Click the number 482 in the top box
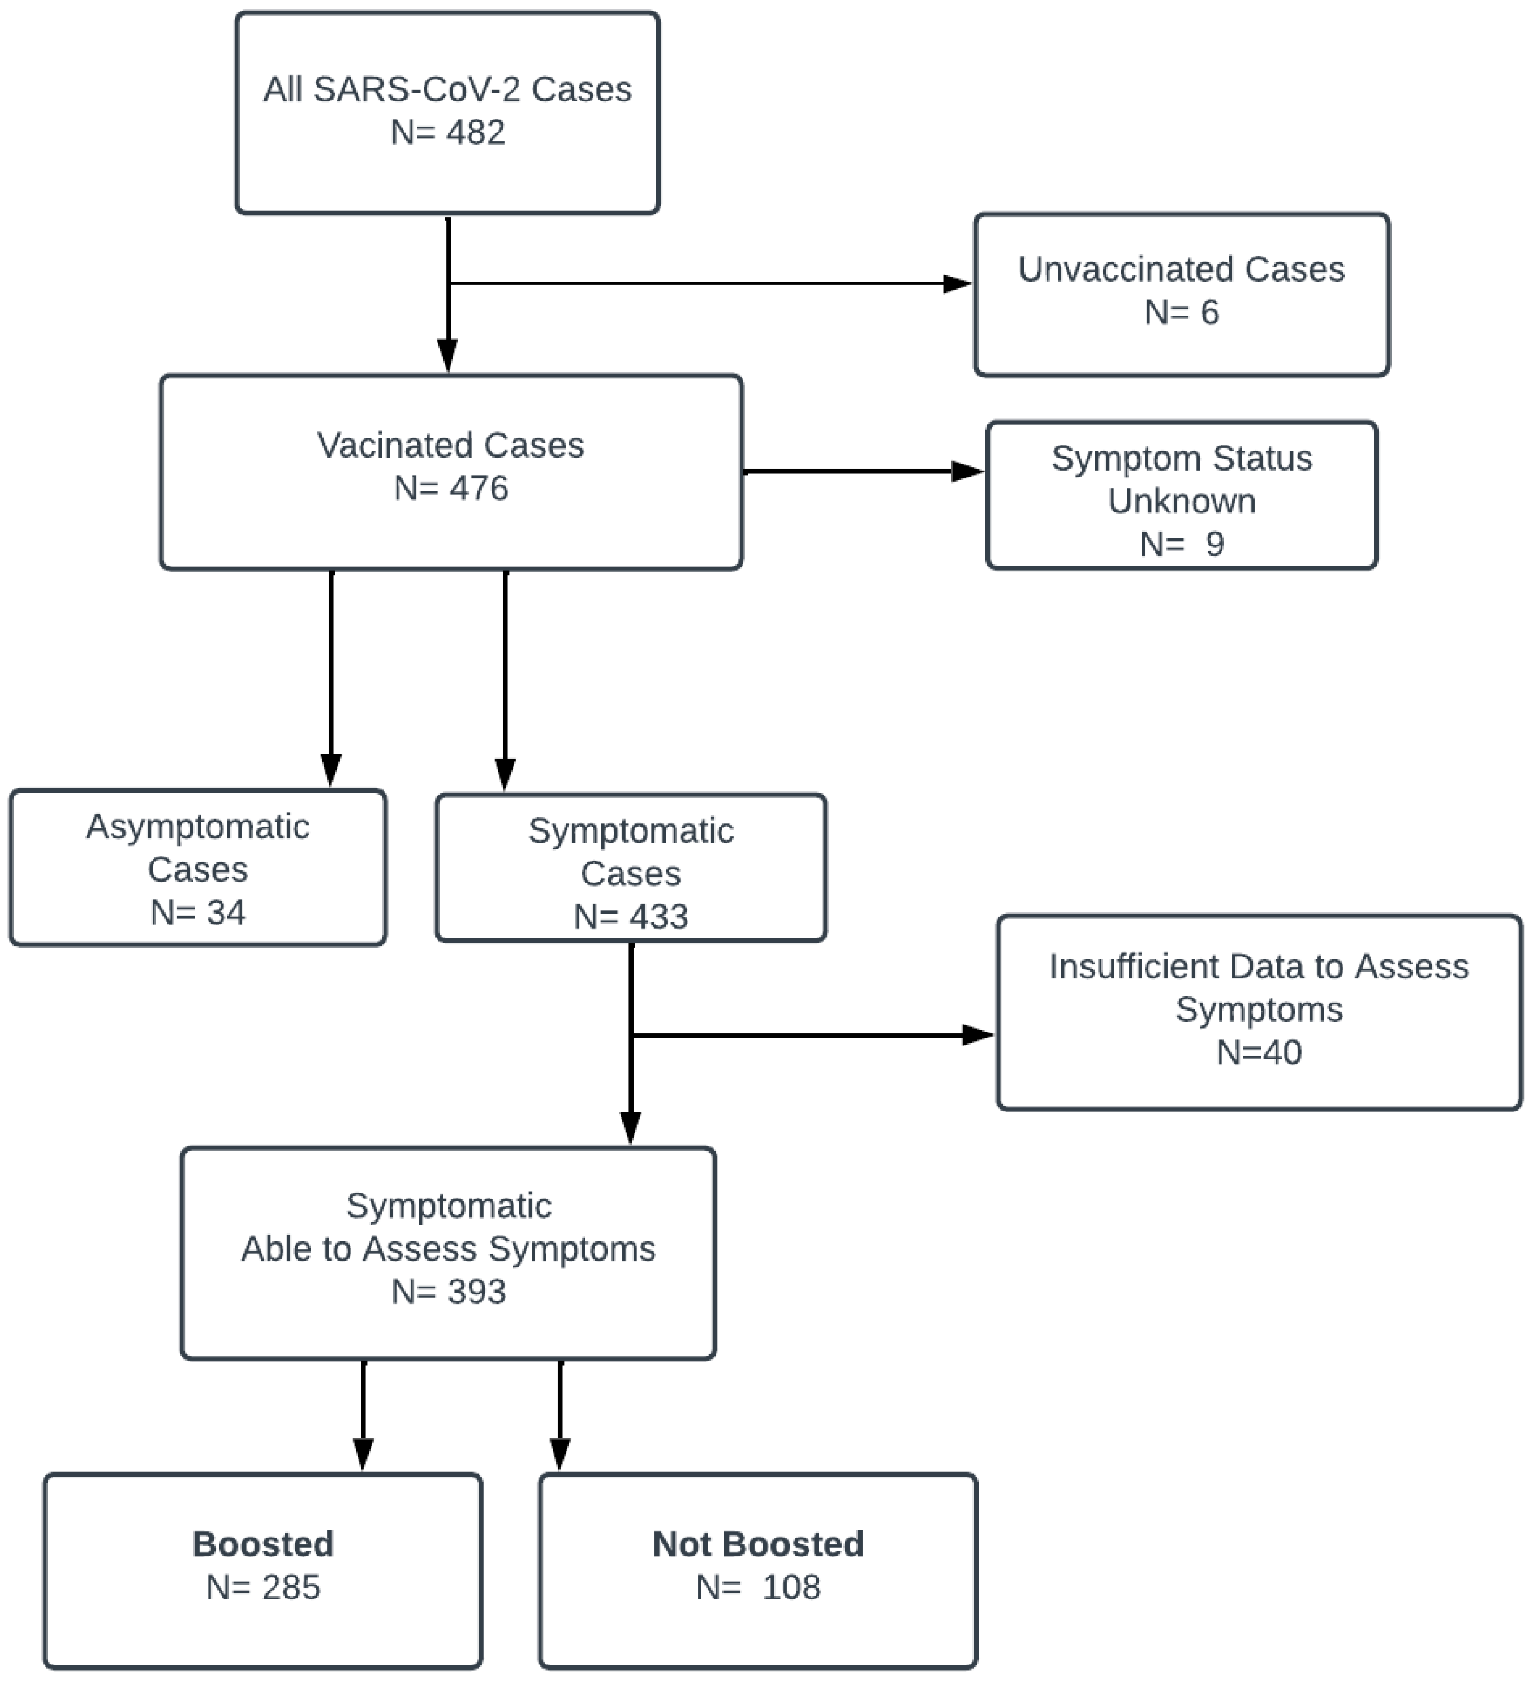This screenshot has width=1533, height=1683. click(475, 133)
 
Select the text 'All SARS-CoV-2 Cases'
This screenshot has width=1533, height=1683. click(447, 89)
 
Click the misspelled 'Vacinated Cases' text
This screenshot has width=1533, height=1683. click(450, 445)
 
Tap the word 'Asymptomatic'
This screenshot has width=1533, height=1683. click(198, 826)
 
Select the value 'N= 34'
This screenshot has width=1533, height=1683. click(198, 912)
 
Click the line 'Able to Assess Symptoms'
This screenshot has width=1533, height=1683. click(449, 1249)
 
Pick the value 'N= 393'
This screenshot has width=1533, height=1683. click(449, 1292)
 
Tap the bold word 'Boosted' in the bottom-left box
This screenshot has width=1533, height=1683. click(263, 1544)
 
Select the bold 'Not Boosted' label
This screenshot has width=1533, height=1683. click(757, 1544)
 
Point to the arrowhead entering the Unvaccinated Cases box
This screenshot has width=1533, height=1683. click(958, 284)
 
